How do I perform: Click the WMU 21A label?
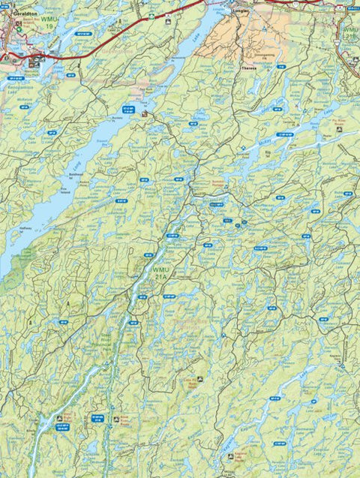161,272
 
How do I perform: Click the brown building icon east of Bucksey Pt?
145,114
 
